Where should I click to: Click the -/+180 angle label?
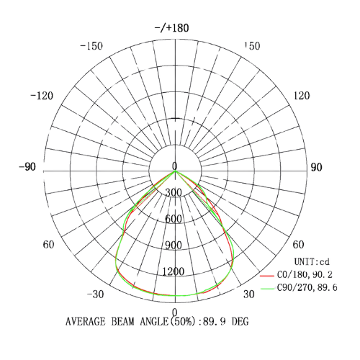click(172, 28)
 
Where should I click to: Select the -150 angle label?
click(91, 46)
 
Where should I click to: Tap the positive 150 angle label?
click(252, 46)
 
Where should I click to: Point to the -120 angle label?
click(42, 96)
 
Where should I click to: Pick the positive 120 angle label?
click(302, 96)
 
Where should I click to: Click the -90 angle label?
click(27, 167)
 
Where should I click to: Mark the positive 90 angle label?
click(316, 167)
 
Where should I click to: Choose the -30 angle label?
click(95, 294)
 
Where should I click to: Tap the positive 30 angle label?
click(248, 294)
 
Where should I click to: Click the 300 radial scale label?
click(174, 192)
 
